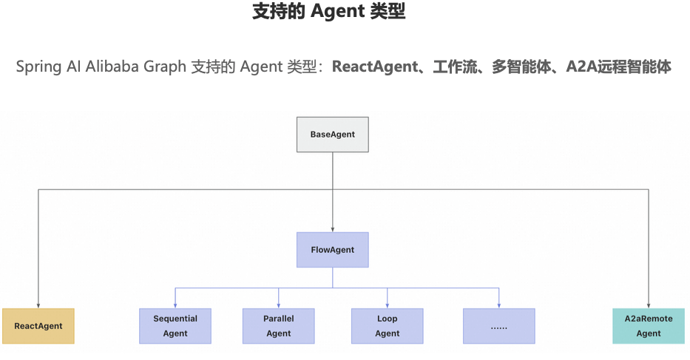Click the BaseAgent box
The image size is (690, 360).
(332, 135)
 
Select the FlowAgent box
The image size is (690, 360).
(332, 250)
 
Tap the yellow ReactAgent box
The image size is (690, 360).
(38, 326)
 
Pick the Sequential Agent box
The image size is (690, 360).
(175, 326)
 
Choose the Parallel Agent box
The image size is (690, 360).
(278, 326)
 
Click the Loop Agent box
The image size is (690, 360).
(387, 326)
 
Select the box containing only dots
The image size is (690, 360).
(498, 326)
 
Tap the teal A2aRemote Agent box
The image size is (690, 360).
(649, 326)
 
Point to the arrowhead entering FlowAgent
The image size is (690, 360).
(332, 229)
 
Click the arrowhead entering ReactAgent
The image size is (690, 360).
(38, 305)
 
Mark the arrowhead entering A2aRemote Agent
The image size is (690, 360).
(649, 305)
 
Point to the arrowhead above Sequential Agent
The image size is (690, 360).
(175, 305)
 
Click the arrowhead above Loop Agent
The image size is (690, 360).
(387, 305)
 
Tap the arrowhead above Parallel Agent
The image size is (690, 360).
(278, 305)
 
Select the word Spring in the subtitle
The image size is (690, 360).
(38, 67)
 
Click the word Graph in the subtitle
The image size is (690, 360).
(167, 67)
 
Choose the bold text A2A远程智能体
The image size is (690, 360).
(618, 67)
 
